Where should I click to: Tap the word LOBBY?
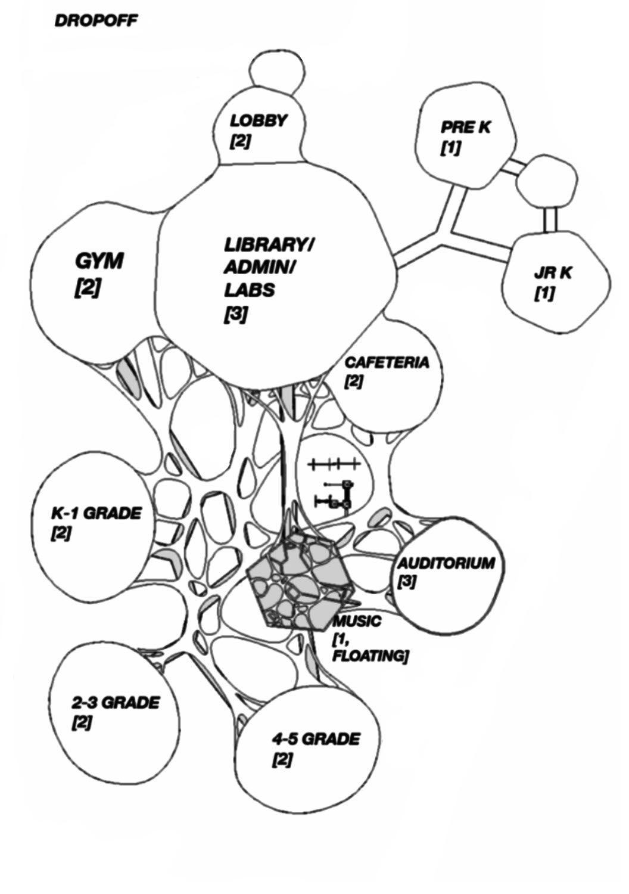click(x=259, y=121)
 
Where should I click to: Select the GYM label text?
click(x=99, y=261)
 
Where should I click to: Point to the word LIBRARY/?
click(x=270, y=245)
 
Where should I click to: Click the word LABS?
click(x=250, y=290)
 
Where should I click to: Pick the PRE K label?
click(x=466, y=127)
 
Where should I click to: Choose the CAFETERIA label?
click(x=387, y=362)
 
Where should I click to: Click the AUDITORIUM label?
click(x=447, y=563)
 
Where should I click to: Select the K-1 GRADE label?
click(x=96, y=513)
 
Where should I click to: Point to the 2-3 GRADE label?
click(x=116, y=703)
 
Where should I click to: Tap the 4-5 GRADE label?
click(x=316, y=740)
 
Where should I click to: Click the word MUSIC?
click(x=356, y=621)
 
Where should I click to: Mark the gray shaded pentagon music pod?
click(x=298, y=581)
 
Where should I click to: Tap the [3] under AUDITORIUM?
click(x=407, y=582)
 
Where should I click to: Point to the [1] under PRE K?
click(x=450, y=147)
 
